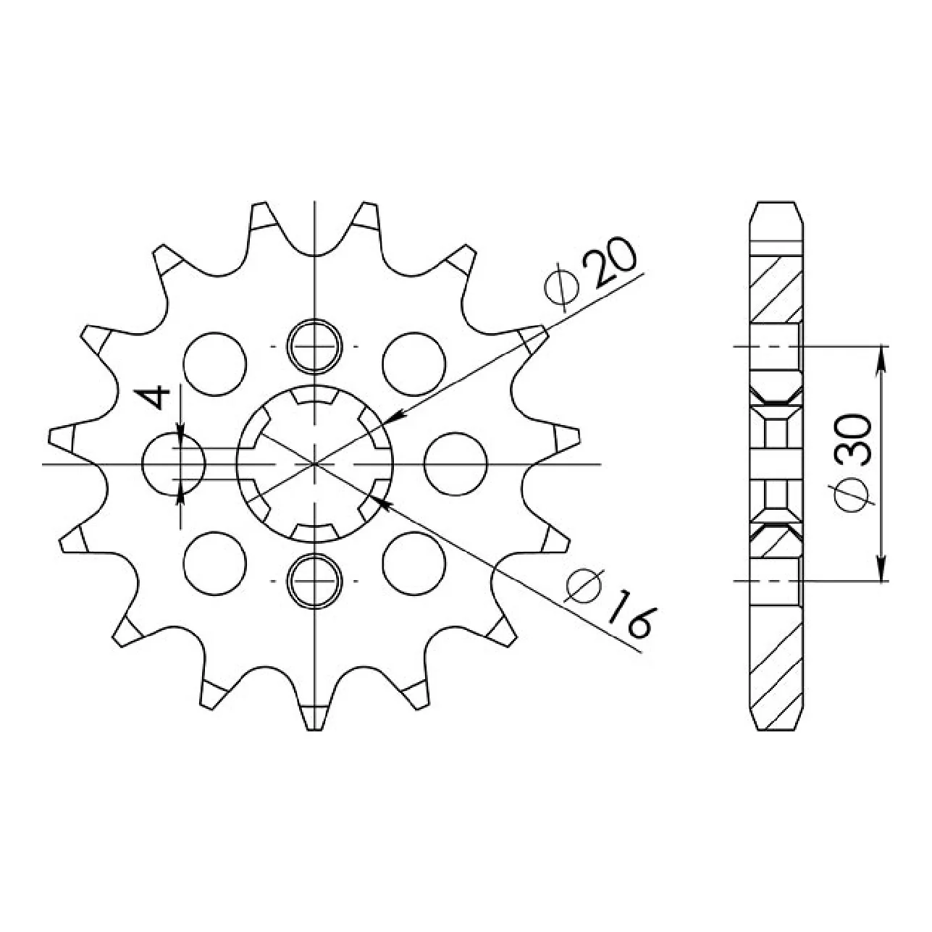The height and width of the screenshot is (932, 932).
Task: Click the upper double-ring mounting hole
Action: [x=314, y=346]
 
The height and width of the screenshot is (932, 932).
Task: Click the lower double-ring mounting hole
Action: [x=314, y=580]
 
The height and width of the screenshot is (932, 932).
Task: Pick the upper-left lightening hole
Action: [x=215, y=364]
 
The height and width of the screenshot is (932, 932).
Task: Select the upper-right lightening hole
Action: [x=413, y=364]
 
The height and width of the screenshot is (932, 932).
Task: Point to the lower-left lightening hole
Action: [x=215, y=563]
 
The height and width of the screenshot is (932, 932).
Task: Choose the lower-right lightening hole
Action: [x=413, y=563]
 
